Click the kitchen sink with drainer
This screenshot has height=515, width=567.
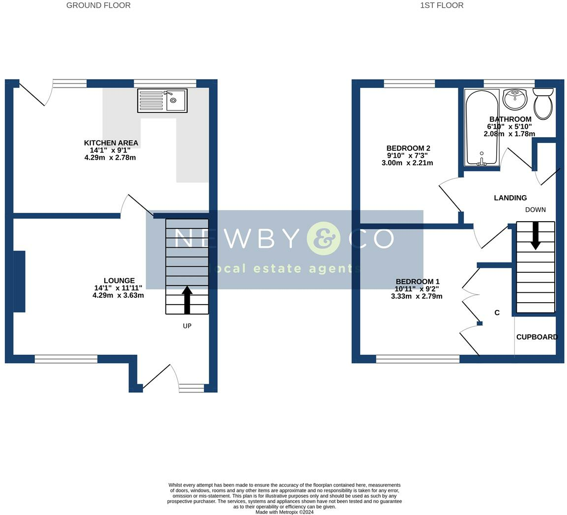[x=162, y=101]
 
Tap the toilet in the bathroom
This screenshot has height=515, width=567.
[x=543, y=104]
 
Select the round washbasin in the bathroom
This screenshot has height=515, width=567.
[x=515, y=99]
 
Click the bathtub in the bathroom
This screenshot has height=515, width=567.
[x=482, y=128]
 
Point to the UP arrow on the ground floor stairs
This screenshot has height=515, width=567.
[x=187, y=300]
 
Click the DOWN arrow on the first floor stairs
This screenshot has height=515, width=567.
[x=536, y=235]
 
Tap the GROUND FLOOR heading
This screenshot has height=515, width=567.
[x=98, y=5]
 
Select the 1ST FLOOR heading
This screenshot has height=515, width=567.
[x=442, y=5]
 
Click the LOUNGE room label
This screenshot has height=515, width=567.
[x=119, y=280]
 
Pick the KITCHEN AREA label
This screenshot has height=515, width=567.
[x=111, y=143]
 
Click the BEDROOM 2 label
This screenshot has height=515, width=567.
[x=408, y=148]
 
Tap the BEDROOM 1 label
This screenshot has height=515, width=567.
[x=417, y=282]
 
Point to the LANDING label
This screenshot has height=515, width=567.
[x=510, y=198]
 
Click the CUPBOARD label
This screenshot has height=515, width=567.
[x=537, y=337]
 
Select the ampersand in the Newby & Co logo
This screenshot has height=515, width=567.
[x=324, y=238]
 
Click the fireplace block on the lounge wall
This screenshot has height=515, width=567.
[x=20, y=282]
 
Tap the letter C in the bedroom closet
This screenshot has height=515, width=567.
[x=497, y=313]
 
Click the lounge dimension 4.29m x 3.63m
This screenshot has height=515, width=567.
[x=118, y=295]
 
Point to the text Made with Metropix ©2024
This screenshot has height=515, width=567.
[x=284, y=512]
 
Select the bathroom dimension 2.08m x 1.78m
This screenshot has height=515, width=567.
[x=510, y=134]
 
